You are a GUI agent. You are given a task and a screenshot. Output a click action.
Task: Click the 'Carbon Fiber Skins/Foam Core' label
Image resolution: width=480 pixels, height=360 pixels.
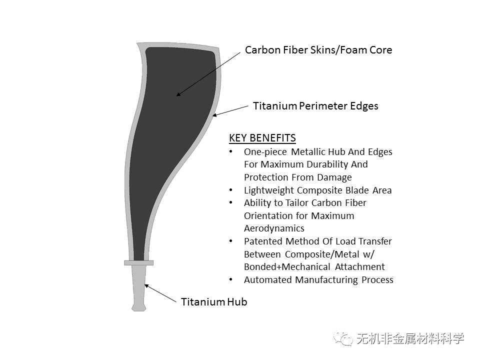(318, 50)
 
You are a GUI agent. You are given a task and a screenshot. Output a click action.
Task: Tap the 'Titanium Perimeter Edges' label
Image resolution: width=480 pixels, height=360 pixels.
(315, 106)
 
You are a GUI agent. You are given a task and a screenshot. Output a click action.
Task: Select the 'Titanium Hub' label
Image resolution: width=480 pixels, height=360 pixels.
(214, 302)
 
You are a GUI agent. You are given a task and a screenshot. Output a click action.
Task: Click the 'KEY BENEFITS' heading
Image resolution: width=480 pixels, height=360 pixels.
(262, 138)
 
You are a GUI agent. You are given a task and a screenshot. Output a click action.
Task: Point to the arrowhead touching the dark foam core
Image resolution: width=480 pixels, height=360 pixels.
(178, 94)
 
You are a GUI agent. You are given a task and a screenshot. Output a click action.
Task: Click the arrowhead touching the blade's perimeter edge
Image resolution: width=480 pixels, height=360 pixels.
(215, 115)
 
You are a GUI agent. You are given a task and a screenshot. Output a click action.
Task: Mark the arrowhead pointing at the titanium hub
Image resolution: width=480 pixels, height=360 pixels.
(146, 286)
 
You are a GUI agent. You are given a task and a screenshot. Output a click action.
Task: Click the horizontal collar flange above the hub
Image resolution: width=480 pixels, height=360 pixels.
(138, 262)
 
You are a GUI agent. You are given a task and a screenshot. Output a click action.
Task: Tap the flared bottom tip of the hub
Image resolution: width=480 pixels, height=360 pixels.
(138, 307)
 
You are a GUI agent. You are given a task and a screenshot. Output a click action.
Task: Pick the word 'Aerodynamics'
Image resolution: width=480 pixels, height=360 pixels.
(274, 228)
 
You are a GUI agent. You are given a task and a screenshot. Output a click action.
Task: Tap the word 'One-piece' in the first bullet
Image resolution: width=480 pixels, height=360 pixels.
(265, 152)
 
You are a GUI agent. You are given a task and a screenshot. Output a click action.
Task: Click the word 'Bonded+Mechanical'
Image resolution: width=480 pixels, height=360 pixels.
(287, 267)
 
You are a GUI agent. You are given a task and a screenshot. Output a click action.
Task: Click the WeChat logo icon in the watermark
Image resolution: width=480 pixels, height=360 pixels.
(343, 339)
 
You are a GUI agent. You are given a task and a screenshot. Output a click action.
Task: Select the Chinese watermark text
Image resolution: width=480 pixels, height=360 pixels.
(410, 339)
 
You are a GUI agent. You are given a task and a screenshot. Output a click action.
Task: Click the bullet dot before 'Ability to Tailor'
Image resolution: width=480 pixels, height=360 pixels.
(231, 202)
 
